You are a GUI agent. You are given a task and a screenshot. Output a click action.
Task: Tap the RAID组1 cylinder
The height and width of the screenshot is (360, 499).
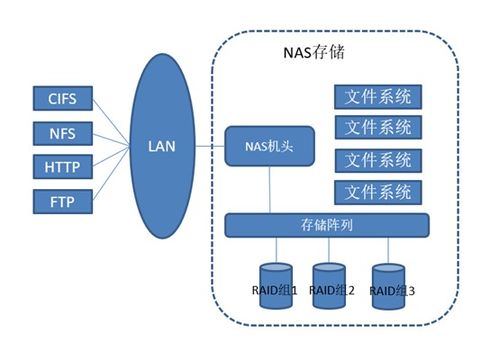275,282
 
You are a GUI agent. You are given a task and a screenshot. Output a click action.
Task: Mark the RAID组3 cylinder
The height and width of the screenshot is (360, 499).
388,282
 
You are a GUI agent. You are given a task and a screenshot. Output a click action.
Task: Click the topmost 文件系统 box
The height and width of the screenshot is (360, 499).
377,98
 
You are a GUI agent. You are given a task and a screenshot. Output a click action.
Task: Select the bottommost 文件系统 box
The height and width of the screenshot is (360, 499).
377,190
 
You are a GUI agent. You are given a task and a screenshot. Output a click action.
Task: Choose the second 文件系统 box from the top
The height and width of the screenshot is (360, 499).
377,127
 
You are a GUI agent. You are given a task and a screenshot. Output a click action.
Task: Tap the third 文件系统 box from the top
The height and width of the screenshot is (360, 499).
377,160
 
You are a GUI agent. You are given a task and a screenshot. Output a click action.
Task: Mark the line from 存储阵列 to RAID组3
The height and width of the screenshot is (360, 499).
388,249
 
